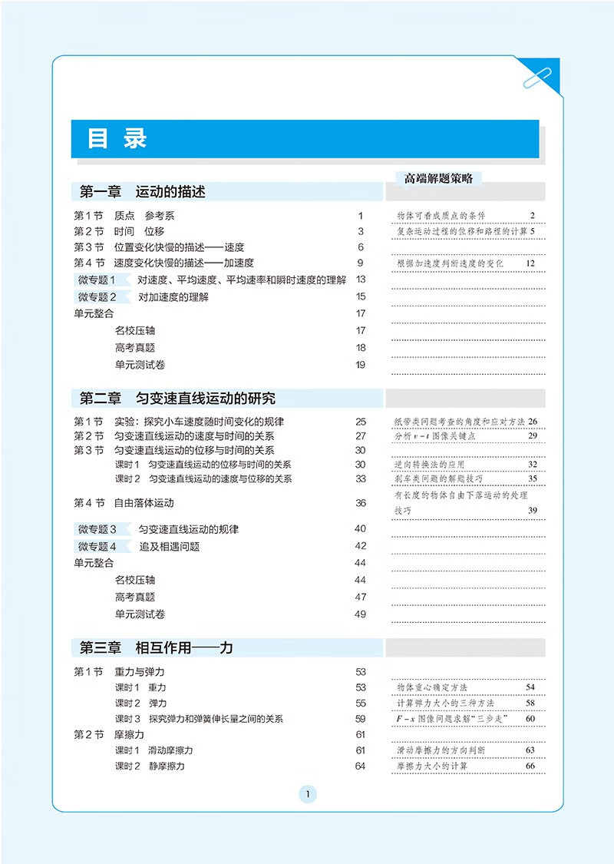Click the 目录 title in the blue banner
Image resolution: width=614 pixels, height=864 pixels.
click(117, 139)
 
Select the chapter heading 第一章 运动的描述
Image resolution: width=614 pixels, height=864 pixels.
click(143, 191)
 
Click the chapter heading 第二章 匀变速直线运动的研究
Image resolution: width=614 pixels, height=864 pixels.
click(177, 398)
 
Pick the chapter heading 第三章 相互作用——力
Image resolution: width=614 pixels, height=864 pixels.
click(157, 647)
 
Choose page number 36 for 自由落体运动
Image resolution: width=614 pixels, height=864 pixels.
click(360, 503)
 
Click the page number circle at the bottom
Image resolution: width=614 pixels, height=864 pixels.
click(307, 795)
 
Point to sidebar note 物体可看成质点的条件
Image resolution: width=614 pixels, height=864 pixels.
click(441, 216)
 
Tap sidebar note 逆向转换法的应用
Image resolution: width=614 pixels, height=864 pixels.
click(430, 464)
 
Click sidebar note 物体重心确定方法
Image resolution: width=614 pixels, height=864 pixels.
click(432, 687)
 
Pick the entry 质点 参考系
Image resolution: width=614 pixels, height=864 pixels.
click(144, 216)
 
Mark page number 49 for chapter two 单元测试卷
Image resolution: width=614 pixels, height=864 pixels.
click(360, 614)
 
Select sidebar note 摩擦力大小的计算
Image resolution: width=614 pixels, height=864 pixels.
click(432, 766)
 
